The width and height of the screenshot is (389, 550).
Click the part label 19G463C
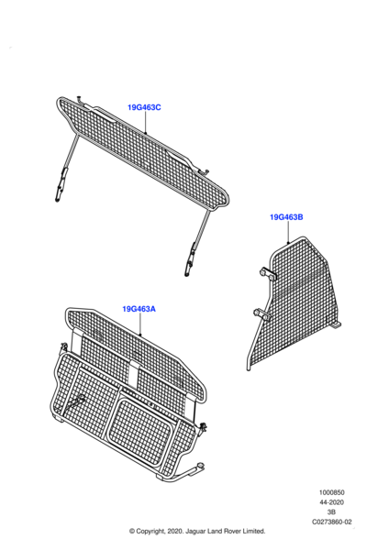tap(144, 107)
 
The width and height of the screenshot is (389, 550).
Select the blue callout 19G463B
tap(286, 217)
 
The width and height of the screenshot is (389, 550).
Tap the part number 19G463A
tap(139, 309)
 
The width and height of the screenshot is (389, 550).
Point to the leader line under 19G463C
tap(145, 123)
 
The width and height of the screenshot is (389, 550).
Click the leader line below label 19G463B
tap(288, 233)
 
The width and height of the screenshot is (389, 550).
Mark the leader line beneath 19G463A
tap(140, 324)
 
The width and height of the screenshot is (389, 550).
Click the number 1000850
tap(331, 492)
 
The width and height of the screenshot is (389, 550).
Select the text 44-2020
tap(331, 502)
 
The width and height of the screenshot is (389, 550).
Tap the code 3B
tap(331, 512)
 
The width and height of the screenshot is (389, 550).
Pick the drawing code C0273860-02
tap(332, 522)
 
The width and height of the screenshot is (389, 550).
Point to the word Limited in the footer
tap(251, 531)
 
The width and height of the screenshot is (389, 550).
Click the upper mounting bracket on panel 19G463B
tap(268, 274)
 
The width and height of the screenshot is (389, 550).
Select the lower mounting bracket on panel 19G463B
tap(261, 313)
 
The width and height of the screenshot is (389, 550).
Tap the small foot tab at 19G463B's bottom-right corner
tap(336, 325)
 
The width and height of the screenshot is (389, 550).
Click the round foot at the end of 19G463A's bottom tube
tap(201, 467)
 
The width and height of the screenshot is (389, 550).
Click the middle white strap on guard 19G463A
tap(133, 373)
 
